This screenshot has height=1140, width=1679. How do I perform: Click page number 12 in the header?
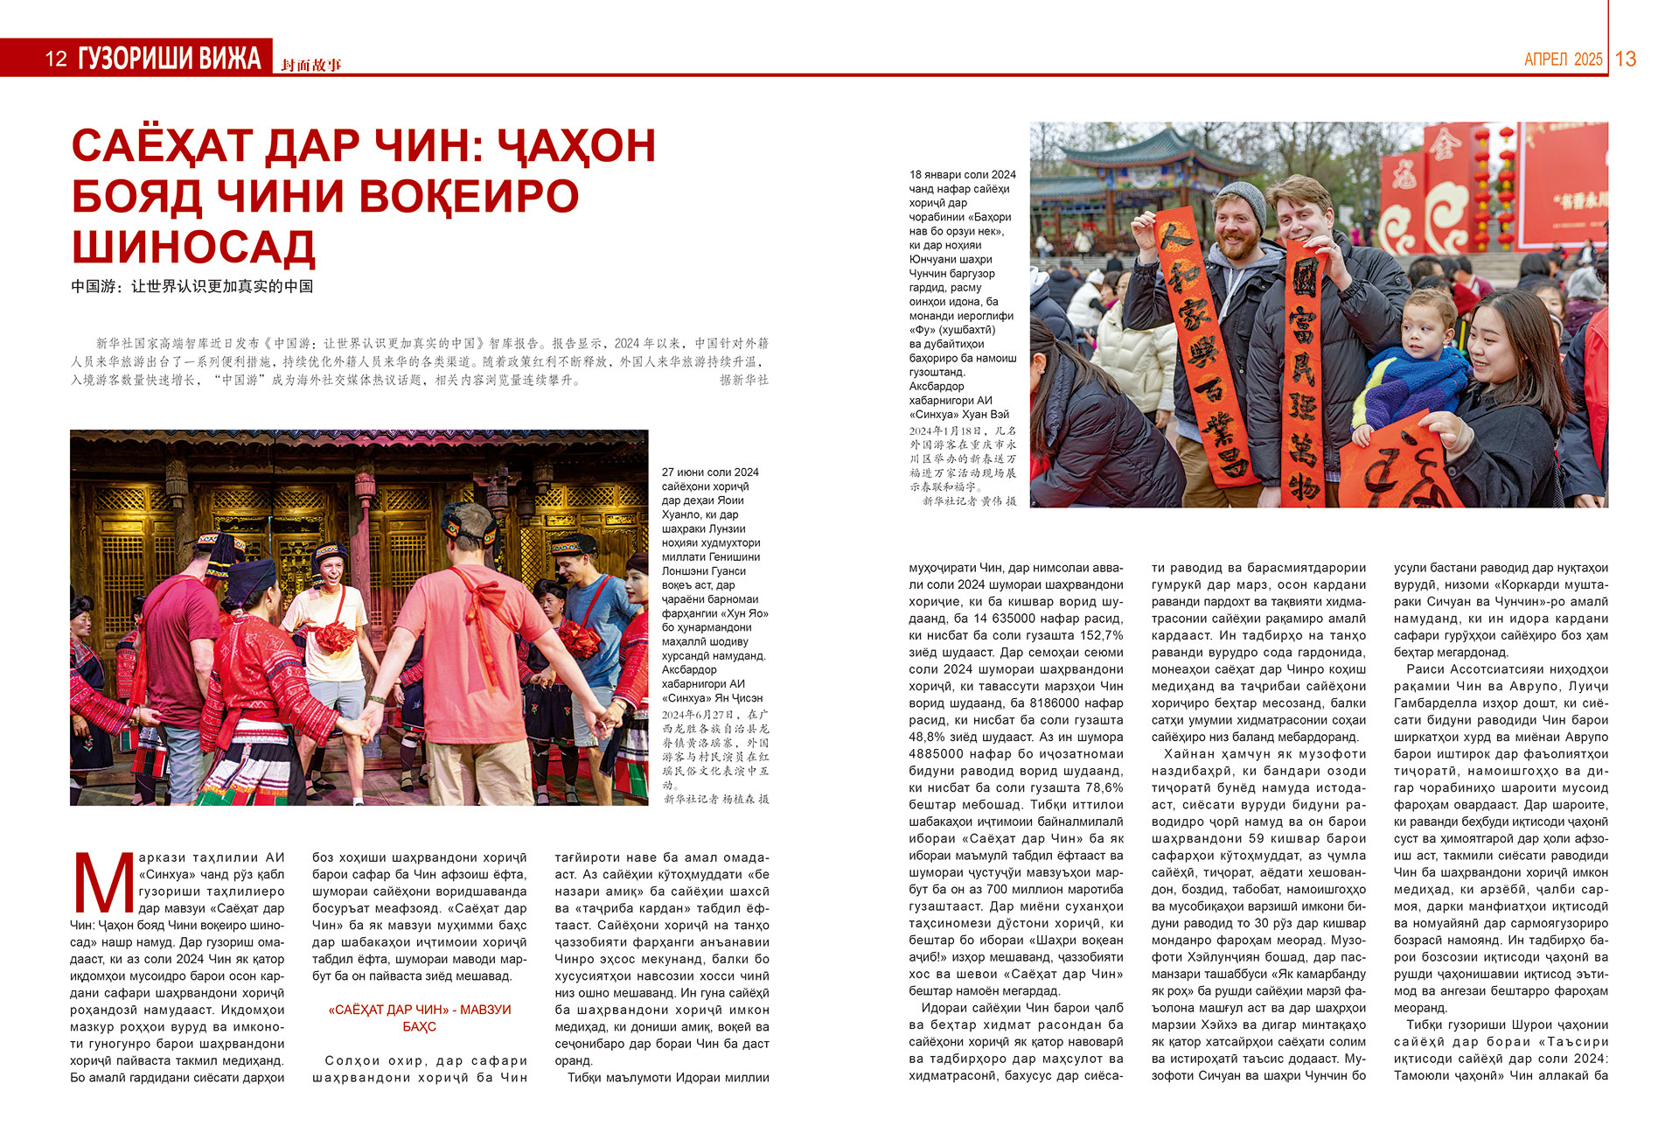56,59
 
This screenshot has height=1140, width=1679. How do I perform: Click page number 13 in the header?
1625,59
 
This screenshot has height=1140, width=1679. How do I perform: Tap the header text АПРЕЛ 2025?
1563,59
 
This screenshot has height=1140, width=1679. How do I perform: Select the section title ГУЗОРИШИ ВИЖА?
170,59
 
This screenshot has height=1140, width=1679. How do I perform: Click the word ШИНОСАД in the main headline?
193,247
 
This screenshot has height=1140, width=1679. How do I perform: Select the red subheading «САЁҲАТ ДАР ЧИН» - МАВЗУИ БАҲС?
419,1018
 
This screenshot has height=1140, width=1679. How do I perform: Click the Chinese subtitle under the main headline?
192,286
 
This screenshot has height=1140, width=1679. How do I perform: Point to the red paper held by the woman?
1399,464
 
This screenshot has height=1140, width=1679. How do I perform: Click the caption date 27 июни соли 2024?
709,472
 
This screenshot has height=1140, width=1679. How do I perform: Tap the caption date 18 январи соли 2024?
962,175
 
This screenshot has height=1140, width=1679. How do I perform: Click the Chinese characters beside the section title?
311,65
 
